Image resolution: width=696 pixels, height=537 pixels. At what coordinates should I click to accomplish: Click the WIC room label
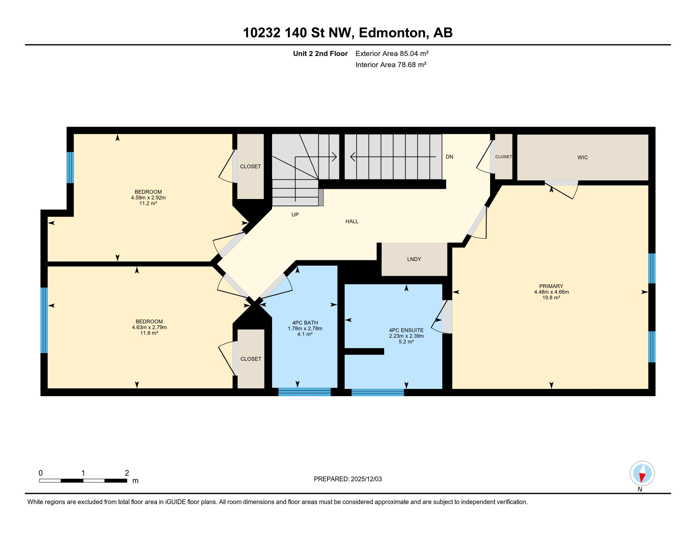[x=583, y=158]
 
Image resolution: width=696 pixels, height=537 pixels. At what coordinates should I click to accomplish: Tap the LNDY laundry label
[x=414, y=259]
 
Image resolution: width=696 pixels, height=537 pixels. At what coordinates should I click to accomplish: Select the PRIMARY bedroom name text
[x=551, y=286]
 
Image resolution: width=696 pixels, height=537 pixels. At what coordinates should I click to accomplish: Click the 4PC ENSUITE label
[x=406, y=330]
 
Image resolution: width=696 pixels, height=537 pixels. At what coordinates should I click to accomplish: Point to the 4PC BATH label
[x=305, y=323]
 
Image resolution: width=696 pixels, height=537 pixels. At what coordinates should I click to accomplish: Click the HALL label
[x=352, y=222]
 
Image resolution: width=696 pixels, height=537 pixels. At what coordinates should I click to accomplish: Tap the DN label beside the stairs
[x=450, y=157]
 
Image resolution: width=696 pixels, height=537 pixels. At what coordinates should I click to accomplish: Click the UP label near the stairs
[x=295, y=215]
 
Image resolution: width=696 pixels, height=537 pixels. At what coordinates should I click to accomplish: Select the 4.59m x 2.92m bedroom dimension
[x=148, y=198]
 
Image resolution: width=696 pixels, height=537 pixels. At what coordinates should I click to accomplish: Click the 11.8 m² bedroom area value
[x=149, y=333]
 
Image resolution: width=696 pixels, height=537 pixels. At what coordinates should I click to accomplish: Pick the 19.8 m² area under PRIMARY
[x=551, y=298]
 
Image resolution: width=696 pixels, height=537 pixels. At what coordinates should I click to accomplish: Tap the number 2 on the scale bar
[x=127, y=473]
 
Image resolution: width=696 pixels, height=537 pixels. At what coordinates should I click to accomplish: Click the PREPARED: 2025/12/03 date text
[x=348, y=479]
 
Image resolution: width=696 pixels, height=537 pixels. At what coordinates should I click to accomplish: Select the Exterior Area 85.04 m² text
[x=392, y=54]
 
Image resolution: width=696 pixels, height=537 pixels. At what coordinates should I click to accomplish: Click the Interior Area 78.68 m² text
[x=391, y=65]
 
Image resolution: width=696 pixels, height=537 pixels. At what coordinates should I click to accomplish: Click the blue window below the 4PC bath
[x=304, y=392]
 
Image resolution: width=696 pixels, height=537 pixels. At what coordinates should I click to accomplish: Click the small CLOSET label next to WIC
[x=503, y=157]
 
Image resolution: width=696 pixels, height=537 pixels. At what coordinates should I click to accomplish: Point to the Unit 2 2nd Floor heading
[x=320, y=54]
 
